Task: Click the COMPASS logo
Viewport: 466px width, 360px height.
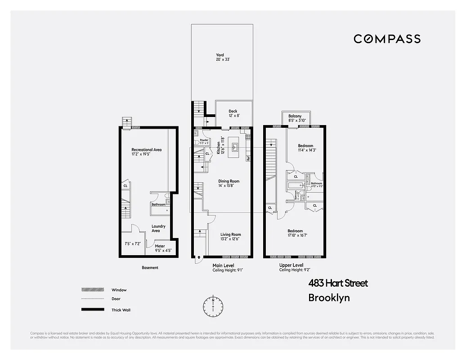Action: [387, 39]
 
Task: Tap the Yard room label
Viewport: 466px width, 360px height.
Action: [220, 55]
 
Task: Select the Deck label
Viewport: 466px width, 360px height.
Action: [233, 111]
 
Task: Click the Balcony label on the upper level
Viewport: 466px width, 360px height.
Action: [295, 116]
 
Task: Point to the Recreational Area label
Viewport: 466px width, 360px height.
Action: [146, 150]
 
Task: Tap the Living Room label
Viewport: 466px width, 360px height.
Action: [230, 234]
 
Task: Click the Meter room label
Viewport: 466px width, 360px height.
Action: [160, 246]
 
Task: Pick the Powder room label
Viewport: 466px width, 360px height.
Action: [204, 140]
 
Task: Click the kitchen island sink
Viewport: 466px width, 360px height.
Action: [234, 146]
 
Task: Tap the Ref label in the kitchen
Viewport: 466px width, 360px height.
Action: [248, 158]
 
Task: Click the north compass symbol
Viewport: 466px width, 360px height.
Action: [213, 306]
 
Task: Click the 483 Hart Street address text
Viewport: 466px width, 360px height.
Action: [338, 283]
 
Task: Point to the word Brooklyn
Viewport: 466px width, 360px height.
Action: [329, 297]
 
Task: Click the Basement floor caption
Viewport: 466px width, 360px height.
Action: [150, 268]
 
